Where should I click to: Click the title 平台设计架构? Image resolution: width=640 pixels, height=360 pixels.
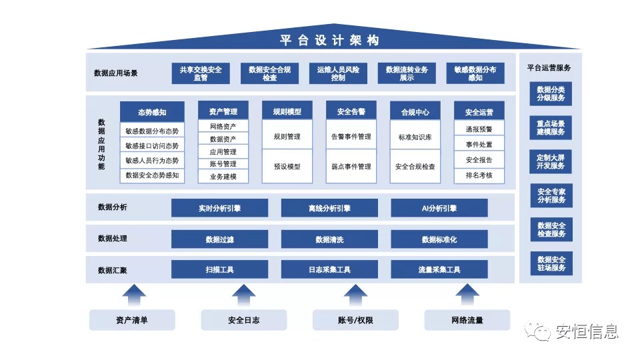click(329, 41)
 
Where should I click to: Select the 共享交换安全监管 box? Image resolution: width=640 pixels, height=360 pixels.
click(201, 73)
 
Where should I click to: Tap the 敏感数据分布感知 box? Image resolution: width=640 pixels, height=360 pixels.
click(475, 73)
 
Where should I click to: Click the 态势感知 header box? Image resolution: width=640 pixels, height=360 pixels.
click(152, 112)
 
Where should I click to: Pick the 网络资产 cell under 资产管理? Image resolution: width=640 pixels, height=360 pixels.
click(223, 126)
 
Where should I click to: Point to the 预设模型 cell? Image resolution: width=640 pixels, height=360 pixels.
click(287, 167)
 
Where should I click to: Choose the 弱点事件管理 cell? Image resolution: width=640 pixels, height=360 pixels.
click(351, 167)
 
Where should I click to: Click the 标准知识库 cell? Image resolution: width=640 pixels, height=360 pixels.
click(415, 137)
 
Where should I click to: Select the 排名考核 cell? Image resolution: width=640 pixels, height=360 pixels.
click(479, 175)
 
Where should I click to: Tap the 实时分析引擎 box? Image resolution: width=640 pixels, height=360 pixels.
click(219, 208)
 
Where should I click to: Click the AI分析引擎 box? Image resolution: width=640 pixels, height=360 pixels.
click(439, 208)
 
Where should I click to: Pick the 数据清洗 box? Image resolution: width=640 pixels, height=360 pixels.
click(329, 239)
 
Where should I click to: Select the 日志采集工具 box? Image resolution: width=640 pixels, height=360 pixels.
click(329, 269)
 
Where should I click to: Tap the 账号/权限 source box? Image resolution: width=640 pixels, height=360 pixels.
click(355, 320)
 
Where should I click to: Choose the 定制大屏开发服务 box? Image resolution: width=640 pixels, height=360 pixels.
click(551, 161)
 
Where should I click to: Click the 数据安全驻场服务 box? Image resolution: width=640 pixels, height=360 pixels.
click(551, 263)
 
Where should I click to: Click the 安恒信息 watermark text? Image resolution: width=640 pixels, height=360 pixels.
click(587, 331)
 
